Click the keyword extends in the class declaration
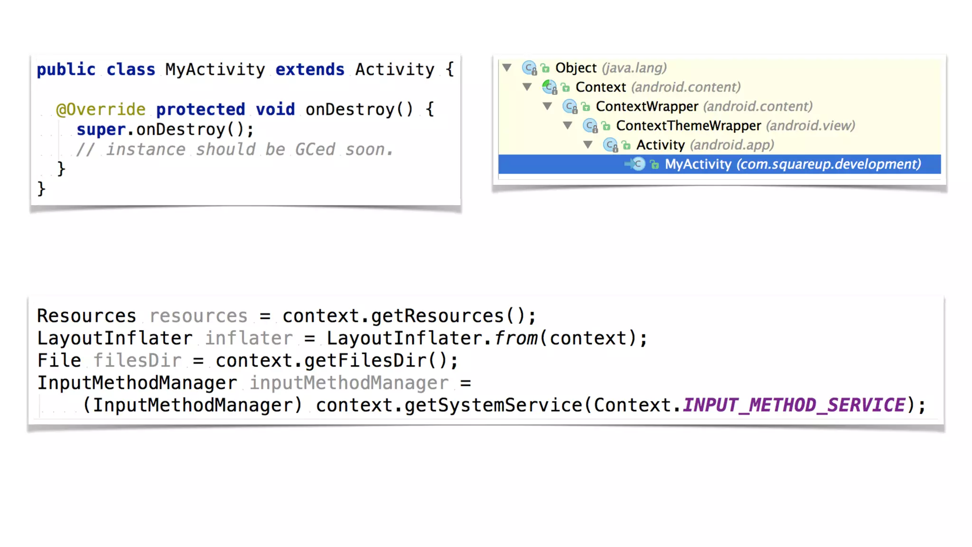(x=309, y=70)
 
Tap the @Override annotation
(x=101, y=110)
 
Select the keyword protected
(x=200, y=110)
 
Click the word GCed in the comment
(x=315, y=150)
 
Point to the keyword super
(x=101, y=130)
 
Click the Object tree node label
(x=576, y=68)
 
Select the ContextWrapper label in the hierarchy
(x=647, y=106)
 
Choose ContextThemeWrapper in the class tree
(x=688, y=126)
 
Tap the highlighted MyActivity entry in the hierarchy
(x=698, y=164)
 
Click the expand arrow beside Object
(x=507, y=68)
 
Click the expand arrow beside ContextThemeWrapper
(x=568, y=125)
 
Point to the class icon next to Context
(x=549, y=87)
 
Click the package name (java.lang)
(x=634, y=68)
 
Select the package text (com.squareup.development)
(x=828, y=164)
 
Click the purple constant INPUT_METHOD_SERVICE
(x=794, y=406)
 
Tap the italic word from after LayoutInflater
(x=515, y=339)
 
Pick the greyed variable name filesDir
(x=137, y=361)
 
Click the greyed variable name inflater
(x=249, y=339)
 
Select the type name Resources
(x=86, y=316)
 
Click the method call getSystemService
(x=493, y=406)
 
